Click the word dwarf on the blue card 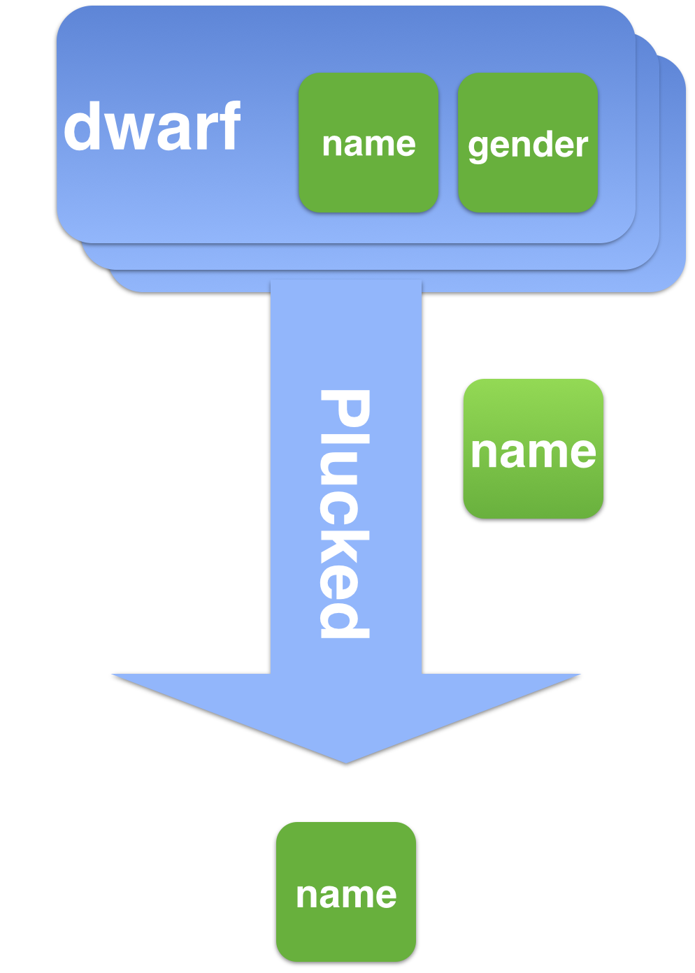(x=152, y=127)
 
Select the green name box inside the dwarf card (x=368, y=143)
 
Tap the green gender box (x=528, y=143)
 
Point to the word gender (x=528, y=145)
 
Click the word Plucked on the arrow (x=344, y=514)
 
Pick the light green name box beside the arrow (x=533, y=449)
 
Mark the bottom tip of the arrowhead (x=346, y=763)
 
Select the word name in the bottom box (x=346, y=895)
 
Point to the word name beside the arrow (x=533, y=452)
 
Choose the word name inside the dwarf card (x=368, y=145)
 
